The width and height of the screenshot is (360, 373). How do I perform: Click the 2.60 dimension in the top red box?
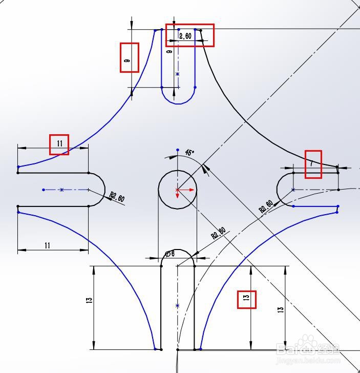pos(185,36)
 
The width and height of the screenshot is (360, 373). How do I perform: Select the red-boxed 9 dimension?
pos(128,60)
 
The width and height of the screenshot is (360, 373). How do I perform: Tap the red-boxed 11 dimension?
pos(59,144)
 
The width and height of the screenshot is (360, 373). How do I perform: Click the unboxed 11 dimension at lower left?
pos(47,246)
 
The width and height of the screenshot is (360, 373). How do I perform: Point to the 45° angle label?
pos(189,153)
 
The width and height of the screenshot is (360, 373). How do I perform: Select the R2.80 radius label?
pos(218,233)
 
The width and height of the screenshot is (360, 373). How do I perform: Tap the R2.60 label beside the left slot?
pos(117,197)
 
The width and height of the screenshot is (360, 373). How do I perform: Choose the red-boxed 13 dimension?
pos(246,299)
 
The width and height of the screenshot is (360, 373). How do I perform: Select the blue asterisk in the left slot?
pos(61,190)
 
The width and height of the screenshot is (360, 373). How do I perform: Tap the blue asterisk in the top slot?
pos(178,74)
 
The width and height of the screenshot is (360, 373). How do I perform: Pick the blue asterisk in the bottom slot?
pos(178,306)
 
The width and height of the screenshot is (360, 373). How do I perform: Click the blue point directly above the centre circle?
pos(178,150)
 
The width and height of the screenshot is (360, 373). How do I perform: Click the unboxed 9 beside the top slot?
pos(170,52)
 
